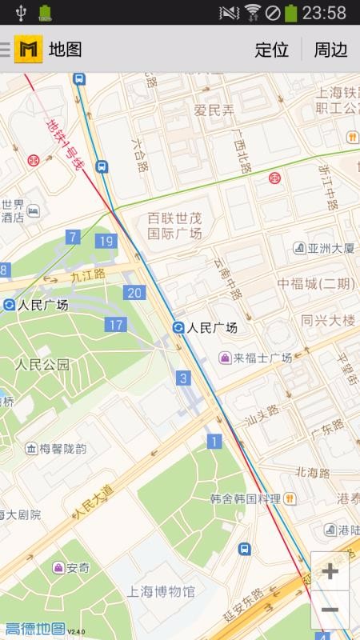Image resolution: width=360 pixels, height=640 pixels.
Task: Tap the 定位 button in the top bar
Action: click(271, 50)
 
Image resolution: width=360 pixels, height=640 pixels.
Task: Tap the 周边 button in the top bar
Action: click(330, 50)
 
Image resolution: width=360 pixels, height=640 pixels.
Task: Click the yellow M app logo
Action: click(30, 50)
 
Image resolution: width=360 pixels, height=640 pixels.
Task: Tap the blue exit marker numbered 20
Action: click(134, 293)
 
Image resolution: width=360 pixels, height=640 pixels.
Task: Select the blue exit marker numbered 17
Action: click(115, 324)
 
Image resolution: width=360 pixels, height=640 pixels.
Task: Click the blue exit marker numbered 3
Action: click(184, 378)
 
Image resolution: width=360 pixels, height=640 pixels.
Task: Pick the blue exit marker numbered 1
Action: click(214, 441)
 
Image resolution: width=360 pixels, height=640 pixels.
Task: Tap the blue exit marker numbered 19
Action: click(105, 241)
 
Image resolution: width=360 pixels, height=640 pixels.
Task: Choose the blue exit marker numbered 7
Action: click(73, 237)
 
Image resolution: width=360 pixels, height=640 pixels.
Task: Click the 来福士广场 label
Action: click(262, 358)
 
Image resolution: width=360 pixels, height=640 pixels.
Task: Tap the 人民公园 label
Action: click(42, 365)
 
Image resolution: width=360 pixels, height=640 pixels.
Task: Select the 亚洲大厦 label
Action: click(331, 248)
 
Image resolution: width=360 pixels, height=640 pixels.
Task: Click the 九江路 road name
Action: click(87, 275)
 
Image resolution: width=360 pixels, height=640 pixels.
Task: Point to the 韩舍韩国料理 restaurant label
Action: click(246, 498)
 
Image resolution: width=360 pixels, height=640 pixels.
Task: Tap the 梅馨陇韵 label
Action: click(64, 449)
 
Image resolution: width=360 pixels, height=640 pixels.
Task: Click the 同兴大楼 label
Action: click(328, 320)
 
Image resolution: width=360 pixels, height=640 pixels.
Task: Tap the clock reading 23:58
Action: click(325, 13)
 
